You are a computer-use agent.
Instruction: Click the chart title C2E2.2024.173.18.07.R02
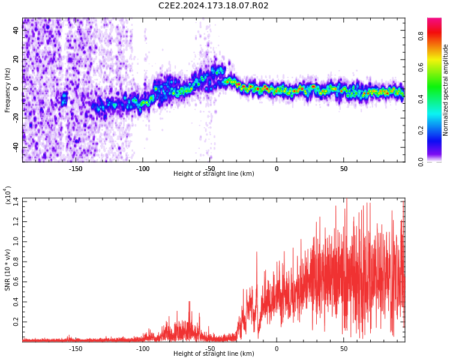point(213,6)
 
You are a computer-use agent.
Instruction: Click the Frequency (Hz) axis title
point(8,90)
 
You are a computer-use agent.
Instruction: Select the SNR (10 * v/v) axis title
point(8,270)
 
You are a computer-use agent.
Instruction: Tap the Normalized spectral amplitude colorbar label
point(446,90)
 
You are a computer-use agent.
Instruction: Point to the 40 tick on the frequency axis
point(16,30)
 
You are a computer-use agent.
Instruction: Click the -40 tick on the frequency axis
point(16,147)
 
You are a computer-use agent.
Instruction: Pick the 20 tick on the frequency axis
point(16,59)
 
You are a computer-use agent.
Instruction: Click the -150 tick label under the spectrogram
point(76,169)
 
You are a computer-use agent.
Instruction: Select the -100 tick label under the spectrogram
point(143,169)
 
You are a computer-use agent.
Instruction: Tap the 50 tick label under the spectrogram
point(344,169)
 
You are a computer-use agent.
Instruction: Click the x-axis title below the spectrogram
point(214,174)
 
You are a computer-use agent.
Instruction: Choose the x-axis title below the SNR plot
point(214,354)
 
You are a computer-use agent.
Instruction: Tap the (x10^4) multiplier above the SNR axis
point(8,196)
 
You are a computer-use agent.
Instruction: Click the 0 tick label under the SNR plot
point(277,349)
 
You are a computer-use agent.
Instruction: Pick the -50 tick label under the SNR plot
point(209,349)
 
